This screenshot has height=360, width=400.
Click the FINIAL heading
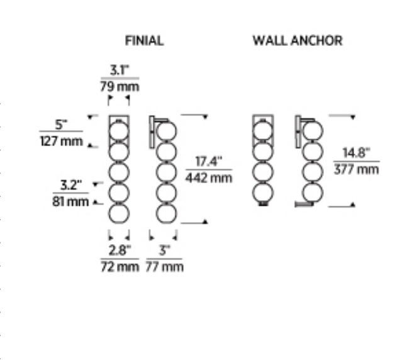pos(145,41)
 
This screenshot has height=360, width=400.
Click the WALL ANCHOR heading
pos(297,41)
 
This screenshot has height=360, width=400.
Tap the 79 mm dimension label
pos(119,87)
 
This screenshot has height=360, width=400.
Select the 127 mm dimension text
pos(62,141)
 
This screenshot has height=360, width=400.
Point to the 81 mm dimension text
pos(70,201)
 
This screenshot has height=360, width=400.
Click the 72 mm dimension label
pos(120,267)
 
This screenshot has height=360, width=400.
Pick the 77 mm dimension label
pos(165,267)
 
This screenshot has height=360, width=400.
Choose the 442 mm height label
pos(209,178)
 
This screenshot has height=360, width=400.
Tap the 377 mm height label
pos(357,169)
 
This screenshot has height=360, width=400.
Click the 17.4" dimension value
pos(209,162)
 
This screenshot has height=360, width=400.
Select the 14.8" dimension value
pos(356,153)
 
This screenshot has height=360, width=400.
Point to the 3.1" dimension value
pos(119,70)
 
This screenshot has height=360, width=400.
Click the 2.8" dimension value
pos(119,250)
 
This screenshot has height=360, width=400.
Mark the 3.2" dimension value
pos(71,185)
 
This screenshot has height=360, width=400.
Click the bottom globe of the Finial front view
pos(119,213)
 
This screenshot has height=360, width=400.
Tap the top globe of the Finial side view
pos(166,131)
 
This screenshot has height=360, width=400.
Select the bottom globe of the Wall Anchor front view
pos(263,193)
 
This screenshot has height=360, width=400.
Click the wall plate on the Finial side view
pos(152,132)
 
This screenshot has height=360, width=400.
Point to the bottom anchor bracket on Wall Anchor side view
pos(304,204)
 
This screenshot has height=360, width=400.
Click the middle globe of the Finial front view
pos(119,172)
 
